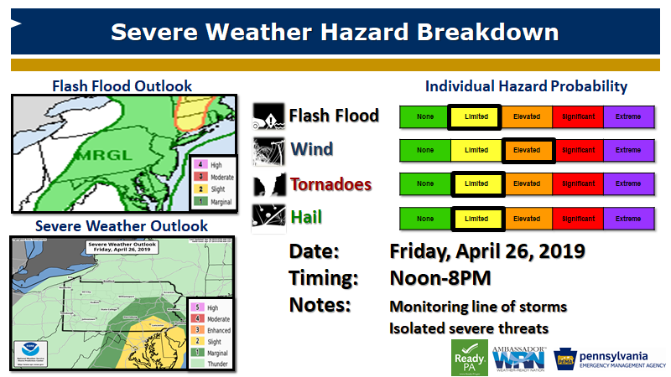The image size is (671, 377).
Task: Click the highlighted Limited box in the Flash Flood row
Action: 476,116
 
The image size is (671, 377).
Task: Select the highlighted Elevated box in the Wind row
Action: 528,150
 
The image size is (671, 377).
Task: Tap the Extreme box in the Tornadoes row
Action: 628,183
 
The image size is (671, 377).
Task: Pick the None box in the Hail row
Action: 425,218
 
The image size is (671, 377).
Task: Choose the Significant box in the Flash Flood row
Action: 578,116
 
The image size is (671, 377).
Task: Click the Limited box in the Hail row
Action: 476,218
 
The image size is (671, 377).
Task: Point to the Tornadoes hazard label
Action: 331,183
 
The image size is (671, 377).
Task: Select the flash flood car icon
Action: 268,116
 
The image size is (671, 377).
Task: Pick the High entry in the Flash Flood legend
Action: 211,166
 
